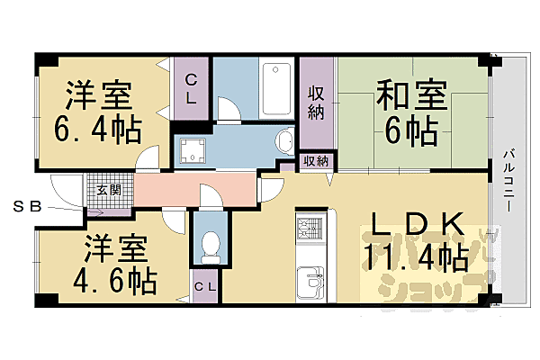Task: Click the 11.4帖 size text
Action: click(x=416, y=258)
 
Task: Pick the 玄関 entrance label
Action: click(x=109, y=189)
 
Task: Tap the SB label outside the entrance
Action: click(x=27, y=207)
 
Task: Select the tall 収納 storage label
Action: click(x=316, y=103)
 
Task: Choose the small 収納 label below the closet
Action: click(x=315, y=162)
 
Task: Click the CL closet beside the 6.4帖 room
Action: click(x=192, y=86)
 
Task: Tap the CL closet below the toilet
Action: click(x=206, y=286)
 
